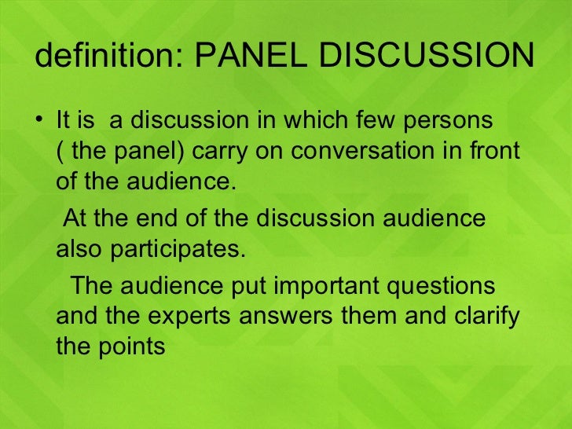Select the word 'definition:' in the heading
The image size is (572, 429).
109,56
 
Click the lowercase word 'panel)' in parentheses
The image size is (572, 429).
148,151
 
